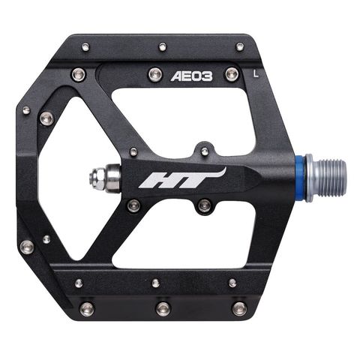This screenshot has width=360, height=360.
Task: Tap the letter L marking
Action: click(257, 73)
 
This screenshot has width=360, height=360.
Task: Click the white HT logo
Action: click(183, 178)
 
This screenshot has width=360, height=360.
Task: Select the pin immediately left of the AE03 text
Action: click(155, 73)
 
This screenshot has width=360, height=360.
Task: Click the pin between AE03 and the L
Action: click(232, 73)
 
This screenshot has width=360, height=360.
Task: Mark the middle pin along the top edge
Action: click(163, 46)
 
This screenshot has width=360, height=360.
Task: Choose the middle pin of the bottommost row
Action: click(163, 307)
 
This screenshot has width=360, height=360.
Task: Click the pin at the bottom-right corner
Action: click(239, 307)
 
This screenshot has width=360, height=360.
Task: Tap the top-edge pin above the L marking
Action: click(239, 46)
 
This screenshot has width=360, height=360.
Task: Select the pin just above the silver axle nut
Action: click(133, 151)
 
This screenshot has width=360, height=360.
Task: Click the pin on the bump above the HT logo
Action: click(205, 151)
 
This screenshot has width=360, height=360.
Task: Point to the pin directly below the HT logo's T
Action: click(203, 205)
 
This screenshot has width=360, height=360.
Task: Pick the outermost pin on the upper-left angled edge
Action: click(26, 111)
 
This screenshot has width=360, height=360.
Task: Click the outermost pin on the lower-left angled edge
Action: click(27, 247)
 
